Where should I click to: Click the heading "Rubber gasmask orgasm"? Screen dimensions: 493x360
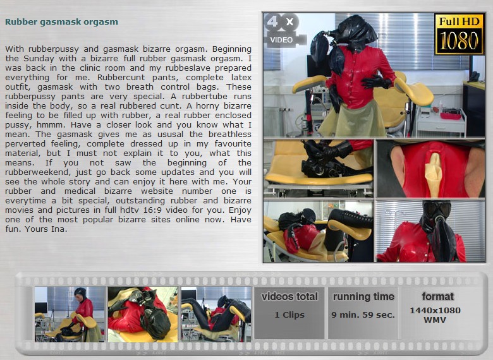pos(62,22)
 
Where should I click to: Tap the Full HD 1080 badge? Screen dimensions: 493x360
pos(459,34)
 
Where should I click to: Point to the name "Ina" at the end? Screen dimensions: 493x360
pos(59,229)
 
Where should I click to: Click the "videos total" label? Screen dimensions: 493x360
pos(289,297)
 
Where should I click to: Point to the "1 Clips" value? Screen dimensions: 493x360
pos(289,315)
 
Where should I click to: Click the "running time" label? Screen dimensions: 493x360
pos(363,297)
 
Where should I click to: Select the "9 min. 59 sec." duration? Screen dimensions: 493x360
pos(363,315)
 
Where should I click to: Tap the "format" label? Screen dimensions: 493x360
pos(437,296)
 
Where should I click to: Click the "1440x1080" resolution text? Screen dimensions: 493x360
pos(435,310)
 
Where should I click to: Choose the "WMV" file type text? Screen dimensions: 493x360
pos(435,320)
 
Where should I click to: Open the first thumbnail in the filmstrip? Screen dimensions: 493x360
pos(70,314)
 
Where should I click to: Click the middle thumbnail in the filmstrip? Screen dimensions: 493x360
pos(143,314)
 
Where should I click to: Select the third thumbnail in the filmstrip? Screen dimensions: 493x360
pos(216,314)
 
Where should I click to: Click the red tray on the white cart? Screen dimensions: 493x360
pos(451,116)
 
